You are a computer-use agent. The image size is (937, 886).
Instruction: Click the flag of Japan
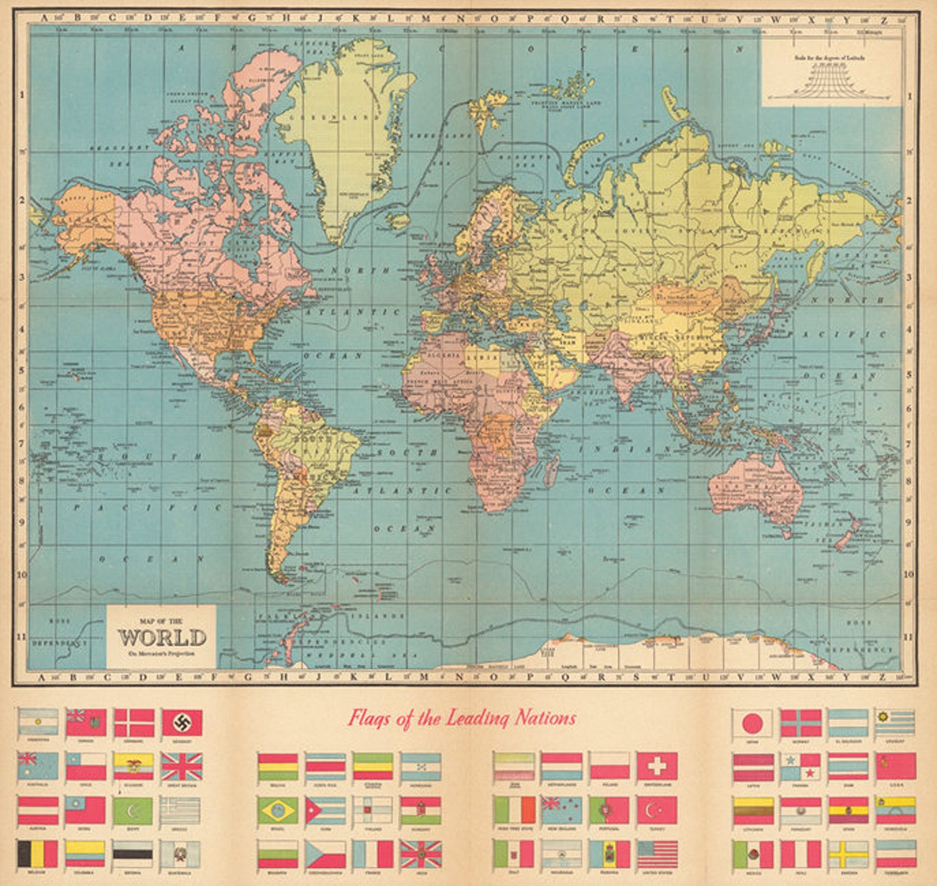[752, 723]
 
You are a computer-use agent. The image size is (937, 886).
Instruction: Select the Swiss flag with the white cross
[657, 766]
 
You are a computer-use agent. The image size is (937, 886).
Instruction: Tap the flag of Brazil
[277, 811]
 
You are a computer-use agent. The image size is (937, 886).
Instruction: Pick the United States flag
[657, 854]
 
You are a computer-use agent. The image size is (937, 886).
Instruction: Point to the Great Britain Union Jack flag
[182, 766]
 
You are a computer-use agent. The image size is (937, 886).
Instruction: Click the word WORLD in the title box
[162, 638]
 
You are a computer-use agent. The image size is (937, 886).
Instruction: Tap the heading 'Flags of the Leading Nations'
[461, 718]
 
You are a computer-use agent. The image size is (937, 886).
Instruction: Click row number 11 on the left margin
[21, 636]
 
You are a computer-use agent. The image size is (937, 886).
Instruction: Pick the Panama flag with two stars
[800, 766]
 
